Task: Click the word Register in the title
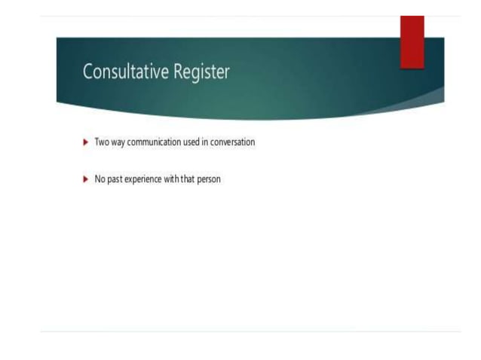point(201,73)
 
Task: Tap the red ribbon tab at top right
point(412,42)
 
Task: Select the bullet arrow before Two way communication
point(85,142)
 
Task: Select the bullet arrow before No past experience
point(85,180)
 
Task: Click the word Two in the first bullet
point(101,142)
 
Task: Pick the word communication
point(155,142)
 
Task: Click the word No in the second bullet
point(99,180)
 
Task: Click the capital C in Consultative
point(87,72)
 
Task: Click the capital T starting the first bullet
point(97,142)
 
